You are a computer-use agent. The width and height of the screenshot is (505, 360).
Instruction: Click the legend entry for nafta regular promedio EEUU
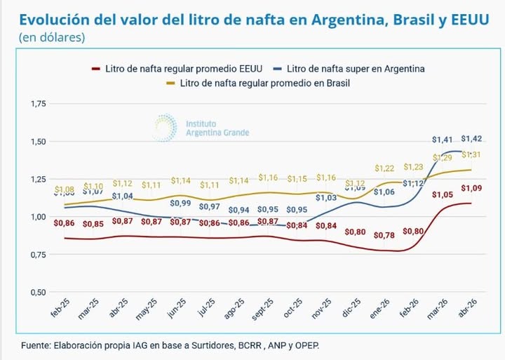(x=179, y=69)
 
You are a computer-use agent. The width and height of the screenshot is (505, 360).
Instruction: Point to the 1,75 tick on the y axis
(x=37, y=104)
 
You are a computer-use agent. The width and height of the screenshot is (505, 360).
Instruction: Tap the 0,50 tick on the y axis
(x=37, y=292)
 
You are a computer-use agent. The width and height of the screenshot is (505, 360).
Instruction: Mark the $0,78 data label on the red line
(x=384, y=234)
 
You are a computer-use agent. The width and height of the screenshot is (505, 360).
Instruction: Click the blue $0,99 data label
(x=181, y=204)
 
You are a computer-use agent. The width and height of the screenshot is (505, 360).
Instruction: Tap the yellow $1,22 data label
(x=384, y=168)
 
